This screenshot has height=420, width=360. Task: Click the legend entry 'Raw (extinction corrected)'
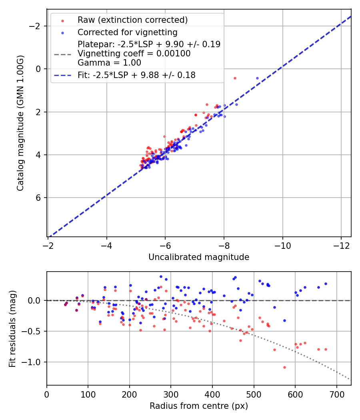[x=132, y=20]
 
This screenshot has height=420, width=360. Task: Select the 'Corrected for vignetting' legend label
[x=128, y=32]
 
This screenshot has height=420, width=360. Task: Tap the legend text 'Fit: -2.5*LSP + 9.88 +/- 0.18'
[x=136, y=75]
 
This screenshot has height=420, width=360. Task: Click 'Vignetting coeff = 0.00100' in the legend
[x=134, y=54]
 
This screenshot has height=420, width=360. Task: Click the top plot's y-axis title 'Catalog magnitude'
[x=20, y=123]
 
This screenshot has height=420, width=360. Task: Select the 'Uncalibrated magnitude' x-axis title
[x=199, y=257]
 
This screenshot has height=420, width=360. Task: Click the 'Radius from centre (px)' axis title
[x=199, y=406]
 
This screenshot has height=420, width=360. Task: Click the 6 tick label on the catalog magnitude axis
[x=39, y=198]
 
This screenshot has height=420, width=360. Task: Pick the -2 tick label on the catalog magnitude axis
[x=36, y=26]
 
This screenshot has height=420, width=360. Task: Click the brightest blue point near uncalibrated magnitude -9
[x=257, y=78]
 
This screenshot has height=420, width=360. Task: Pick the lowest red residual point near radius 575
[x=229, y=367]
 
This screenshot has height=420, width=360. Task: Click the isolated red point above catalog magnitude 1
[x=235, y=78]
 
